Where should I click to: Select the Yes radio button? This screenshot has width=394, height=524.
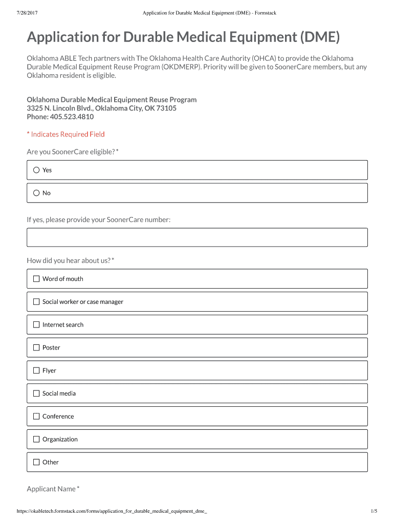[x=36, y=170]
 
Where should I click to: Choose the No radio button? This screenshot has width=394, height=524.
[x=36, y=193]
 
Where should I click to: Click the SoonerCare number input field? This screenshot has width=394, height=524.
[x=197, y=237]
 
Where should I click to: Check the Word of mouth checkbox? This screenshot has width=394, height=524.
[x=36, y=279]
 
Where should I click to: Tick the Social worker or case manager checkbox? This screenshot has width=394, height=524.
[x=36, y=302]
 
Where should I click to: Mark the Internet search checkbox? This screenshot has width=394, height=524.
[x=36, y=324]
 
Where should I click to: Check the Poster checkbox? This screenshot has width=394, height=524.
[x=36, y=347]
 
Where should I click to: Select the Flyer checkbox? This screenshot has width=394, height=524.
[x=36, y=370]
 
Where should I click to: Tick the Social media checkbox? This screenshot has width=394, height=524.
[x=36, y=394]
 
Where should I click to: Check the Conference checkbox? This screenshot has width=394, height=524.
[x=36, y=416]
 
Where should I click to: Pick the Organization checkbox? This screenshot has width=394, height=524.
[x=36, y=439]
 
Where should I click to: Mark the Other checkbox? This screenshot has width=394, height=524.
[x=36, y=462]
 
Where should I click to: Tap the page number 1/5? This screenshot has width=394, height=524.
[x=374, y=511]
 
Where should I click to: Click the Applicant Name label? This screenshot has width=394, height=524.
[x=51, y=489]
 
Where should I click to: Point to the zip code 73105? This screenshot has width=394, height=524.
[x=167, y=108]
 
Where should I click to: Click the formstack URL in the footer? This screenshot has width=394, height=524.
[x=112, y=511]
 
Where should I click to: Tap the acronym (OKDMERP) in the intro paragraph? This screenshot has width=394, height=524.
[x=181, y=67]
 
